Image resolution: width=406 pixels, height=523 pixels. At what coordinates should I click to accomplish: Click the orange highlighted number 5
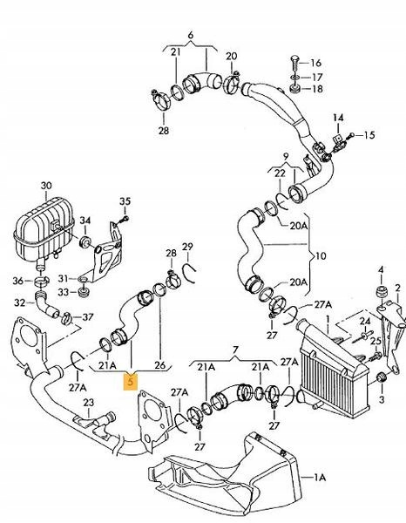coord(130,381)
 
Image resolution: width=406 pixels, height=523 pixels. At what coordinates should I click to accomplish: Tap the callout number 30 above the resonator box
coord(46,186)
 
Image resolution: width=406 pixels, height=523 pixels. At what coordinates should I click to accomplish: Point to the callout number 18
coord(317,89)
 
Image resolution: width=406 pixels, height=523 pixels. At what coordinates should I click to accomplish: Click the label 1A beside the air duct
coord(320,478)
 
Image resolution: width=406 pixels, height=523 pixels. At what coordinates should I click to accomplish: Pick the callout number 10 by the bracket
coord(321,256)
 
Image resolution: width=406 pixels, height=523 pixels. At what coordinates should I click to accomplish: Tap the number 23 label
coord(88,403)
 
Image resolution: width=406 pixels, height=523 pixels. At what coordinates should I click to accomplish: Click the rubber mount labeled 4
coord(381,292)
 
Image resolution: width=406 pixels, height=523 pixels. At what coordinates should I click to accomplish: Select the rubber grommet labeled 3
coord(382,377)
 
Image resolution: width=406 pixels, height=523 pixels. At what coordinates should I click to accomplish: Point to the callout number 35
coord(125,201)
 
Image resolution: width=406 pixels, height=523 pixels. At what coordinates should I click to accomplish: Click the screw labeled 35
coord(125,219)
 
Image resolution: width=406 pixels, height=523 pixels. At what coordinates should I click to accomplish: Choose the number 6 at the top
coord(190,35)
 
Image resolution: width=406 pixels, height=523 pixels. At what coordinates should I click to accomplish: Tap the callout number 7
coord(235,350)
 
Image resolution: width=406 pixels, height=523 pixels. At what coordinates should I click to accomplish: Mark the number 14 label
coord(338,118)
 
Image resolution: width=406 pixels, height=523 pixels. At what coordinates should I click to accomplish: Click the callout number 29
coord(187,247)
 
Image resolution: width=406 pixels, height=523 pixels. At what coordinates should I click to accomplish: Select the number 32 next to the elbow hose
coord(20,302)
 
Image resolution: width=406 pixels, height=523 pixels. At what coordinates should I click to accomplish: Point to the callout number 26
coord(160,365)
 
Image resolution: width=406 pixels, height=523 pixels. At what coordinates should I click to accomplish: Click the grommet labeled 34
coord(85,241)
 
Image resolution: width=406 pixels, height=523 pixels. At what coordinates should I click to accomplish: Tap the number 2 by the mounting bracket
coord(397,288)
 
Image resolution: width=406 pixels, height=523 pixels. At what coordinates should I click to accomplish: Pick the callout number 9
coord(286,156)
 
